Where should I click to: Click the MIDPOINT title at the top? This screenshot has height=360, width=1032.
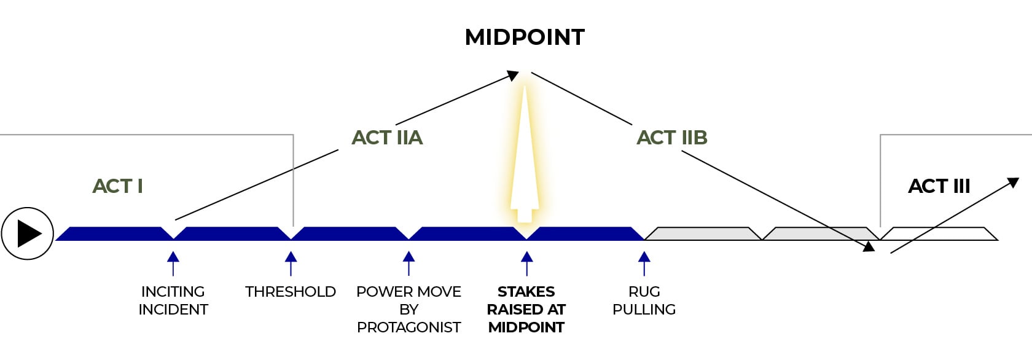click(525, 37)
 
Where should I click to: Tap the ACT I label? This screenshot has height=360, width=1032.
click(117, 186)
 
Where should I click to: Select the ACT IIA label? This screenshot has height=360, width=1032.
click(387, 138)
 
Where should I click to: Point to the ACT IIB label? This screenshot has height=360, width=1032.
click(672, 138)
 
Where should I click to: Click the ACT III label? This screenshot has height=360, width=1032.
click(939, 186)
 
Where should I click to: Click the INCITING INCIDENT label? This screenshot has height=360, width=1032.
click(173, 300)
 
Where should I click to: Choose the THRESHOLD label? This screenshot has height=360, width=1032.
click(291, 292)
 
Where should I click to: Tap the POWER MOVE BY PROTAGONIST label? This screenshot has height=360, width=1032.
click(408, 309)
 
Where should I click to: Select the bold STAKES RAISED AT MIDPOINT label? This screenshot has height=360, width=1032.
click(526, 309)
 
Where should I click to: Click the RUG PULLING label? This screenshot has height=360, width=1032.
click(644, 300)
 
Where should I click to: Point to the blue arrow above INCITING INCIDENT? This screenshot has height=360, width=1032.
click(173, 263)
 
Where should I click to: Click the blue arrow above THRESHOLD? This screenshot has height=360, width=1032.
click(291, 263)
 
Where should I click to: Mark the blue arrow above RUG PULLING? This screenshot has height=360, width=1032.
click(644, 263)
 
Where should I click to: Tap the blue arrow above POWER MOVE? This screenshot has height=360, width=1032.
click(408, 263)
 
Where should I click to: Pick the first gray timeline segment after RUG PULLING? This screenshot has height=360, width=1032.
click(703, 233)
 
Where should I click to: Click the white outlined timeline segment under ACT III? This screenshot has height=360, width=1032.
click(939, 233)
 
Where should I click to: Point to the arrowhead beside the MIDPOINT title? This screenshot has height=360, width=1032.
click(513, 76)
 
